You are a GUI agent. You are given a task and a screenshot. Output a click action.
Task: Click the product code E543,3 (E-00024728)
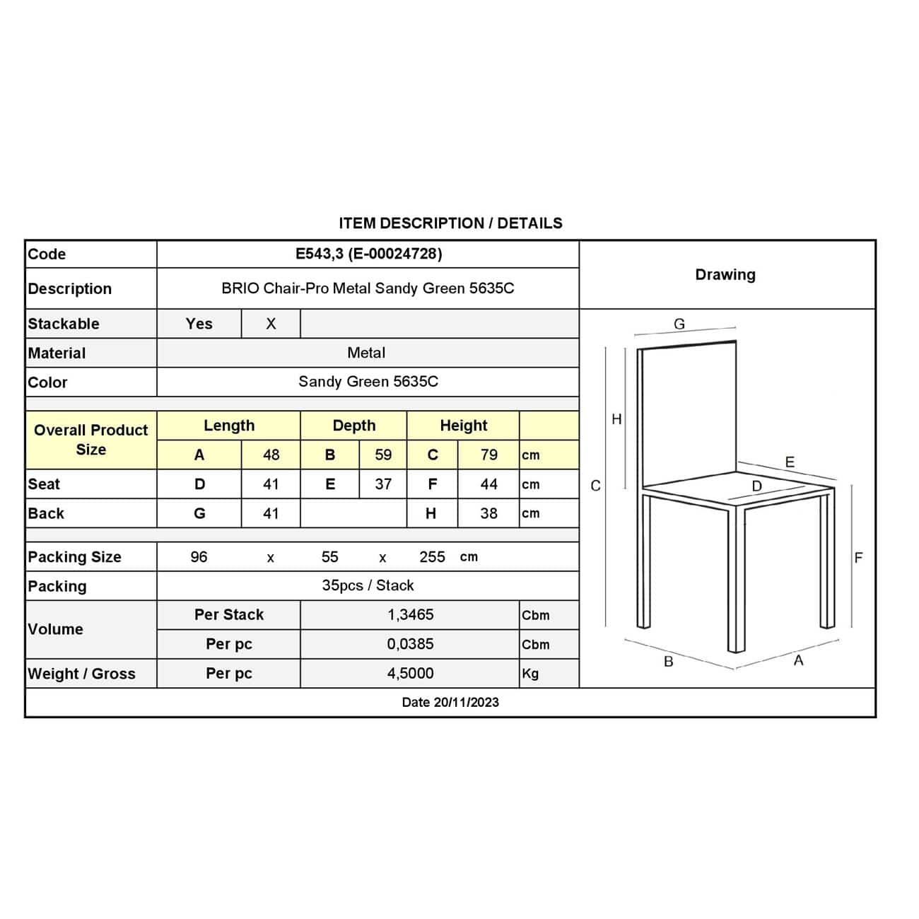[x=368, y=254]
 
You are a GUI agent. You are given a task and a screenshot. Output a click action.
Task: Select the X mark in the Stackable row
[x=271, y=324]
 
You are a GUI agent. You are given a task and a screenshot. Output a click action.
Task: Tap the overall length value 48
[x=271, y=455]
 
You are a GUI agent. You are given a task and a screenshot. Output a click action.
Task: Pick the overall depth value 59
[x=383, y=455]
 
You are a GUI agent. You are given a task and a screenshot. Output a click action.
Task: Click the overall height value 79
[x=488, y=455]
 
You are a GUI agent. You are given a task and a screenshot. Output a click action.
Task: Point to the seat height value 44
[x=488, y=484]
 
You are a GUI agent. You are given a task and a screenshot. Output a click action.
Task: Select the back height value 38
[x=488, y=513]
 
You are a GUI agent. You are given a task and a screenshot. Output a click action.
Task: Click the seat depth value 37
[x=383, y=484]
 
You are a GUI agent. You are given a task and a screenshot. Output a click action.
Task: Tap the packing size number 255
[x=432, y=557]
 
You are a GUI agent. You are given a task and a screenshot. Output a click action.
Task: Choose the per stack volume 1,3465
[x=410, y=615]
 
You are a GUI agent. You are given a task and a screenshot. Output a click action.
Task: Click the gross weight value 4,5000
[x=410, y=674]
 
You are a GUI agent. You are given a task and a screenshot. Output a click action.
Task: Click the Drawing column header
[x=725, y=274]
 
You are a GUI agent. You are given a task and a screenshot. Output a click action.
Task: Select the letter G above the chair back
[x=679, y=324]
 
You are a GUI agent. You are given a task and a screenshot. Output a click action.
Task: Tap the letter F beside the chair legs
[x=858, y=558]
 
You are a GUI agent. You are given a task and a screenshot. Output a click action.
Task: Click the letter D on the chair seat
[x=756, y=486]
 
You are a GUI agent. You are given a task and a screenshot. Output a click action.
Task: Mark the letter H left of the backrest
[x=616, y=419]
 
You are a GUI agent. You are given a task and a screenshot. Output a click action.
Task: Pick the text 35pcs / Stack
[x=368, y=585]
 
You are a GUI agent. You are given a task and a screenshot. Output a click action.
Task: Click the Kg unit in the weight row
[x=530, y=674]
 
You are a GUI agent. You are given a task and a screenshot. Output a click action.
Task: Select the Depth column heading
[x=353, y=426]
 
